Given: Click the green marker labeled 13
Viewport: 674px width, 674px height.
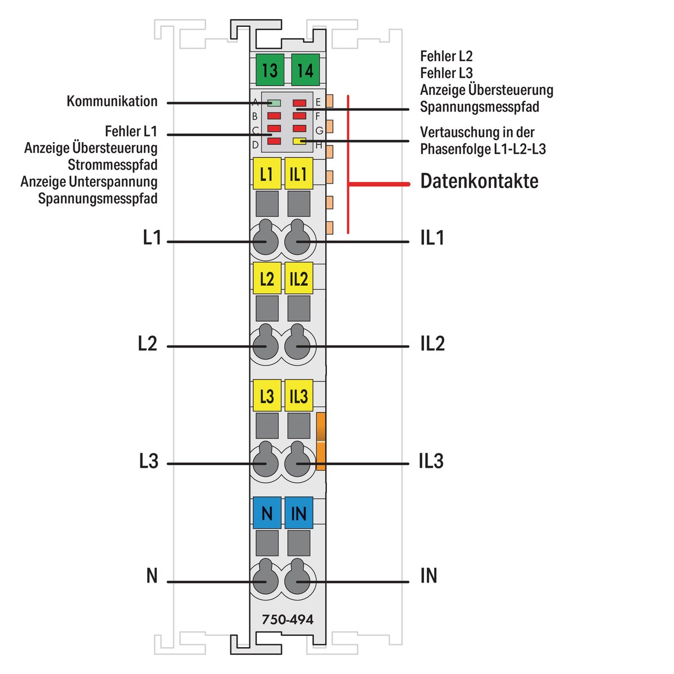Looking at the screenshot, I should tap(270, 70).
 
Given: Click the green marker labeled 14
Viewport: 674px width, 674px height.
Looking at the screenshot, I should tap(306, 70).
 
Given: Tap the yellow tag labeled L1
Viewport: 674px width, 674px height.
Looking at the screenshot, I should tap(267, 174).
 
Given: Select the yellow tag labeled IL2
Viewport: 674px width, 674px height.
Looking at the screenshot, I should tap(299, 279).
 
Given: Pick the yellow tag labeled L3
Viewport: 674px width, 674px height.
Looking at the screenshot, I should tap(267, 396).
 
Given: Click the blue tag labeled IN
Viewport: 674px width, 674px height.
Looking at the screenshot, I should tap(299, 513).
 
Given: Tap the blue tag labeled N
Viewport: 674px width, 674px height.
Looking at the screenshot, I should tap(267, 513).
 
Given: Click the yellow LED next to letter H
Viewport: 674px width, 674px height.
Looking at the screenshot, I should tap(299, 142).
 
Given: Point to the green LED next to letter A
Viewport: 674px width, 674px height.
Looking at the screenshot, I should tap(275, 103).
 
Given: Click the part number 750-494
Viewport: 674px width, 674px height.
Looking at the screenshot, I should tap(288, 620).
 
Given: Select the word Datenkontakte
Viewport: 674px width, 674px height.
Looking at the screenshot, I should tap(479, 181).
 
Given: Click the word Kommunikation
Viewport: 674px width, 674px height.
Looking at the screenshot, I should tap(112, 102).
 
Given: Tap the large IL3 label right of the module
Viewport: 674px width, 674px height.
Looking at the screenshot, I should tap(431, 461).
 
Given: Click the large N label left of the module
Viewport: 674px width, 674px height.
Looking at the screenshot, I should tap(152, 576).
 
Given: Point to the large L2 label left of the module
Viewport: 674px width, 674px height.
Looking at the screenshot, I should tap(148, 343).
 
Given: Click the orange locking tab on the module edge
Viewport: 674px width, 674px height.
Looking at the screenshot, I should tap(321, 441).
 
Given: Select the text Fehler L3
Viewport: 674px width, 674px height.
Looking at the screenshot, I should tap(447, 73).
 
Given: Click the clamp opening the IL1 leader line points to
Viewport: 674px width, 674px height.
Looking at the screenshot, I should tap(297, 242).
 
